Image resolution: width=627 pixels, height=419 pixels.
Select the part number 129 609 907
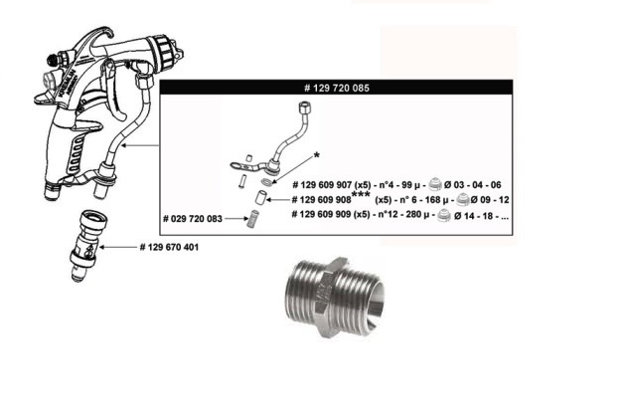click(322, 185)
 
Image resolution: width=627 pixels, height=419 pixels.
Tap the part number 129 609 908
click(322, 199)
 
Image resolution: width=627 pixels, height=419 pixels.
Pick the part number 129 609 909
click(322, 214)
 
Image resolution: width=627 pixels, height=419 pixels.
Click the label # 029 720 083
click(193, 219)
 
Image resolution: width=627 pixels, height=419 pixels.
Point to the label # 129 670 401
click(169, 247)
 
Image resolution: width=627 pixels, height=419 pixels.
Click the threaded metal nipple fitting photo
click(335, 297)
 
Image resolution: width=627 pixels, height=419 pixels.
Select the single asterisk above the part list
click(316, 155)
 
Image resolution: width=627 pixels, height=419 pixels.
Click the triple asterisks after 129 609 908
click(361, 195)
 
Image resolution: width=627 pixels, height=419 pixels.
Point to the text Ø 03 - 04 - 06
click(472, 185)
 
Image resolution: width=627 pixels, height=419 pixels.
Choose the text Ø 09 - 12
click(490, 199)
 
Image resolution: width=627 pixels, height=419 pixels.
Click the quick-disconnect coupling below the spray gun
click(84, 245)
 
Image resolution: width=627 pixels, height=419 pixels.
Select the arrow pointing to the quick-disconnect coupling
click(118, 247)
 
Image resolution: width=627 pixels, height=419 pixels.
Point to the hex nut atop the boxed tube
click(305, 106)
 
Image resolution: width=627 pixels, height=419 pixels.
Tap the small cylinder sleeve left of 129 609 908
click(260, 197)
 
